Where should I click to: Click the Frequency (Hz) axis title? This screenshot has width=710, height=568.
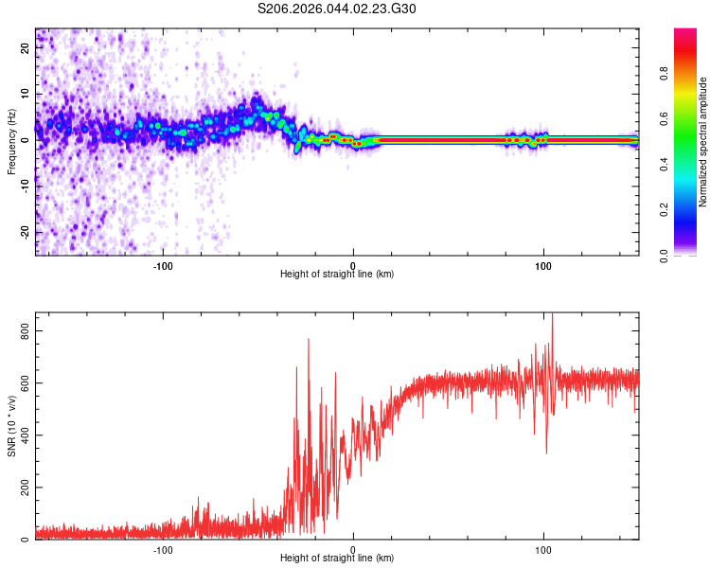(11, 141)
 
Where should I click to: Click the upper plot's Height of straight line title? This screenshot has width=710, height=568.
(337, 274)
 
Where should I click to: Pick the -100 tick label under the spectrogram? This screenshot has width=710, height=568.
(163, 265)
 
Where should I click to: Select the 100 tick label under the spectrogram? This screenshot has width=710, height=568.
(543, 265)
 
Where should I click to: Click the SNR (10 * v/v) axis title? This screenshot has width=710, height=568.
(11, 426)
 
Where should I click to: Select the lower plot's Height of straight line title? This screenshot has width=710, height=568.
(337, 558)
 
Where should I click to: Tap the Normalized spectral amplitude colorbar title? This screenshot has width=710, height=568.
(703, 142)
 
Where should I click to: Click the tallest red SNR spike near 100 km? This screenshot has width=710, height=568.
(552, 316)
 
